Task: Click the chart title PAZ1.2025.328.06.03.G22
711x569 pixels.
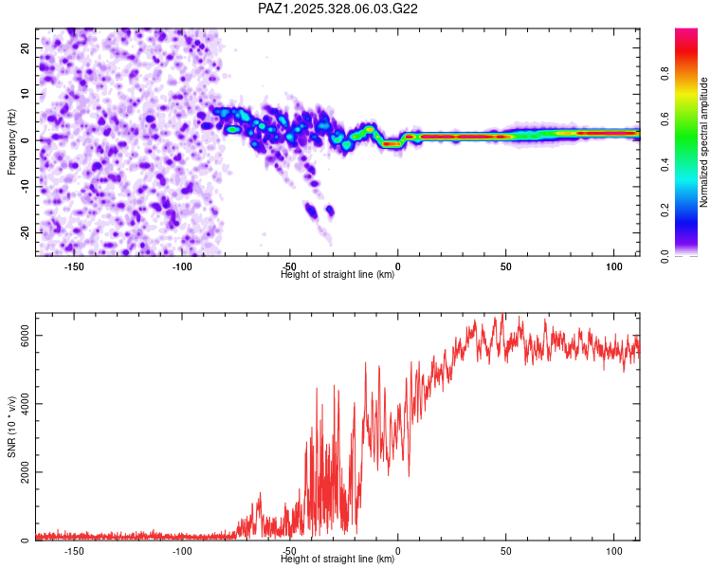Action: click(x=338, y=9)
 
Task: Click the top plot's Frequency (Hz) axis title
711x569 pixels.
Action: click(x=11, y=141)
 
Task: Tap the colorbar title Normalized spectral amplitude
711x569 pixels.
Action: click(x=704, y=142)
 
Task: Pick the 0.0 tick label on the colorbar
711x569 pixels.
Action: click(x=665, y=255)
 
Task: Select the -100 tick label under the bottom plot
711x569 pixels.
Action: click(x=182, y=551)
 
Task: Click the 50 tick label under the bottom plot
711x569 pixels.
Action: click(x=505, y=551)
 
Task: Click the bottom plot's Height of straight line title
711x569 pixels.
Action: click(x=337, y=560)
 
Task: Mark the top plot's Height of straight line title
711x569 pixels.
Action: click(x=337, y=275)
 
